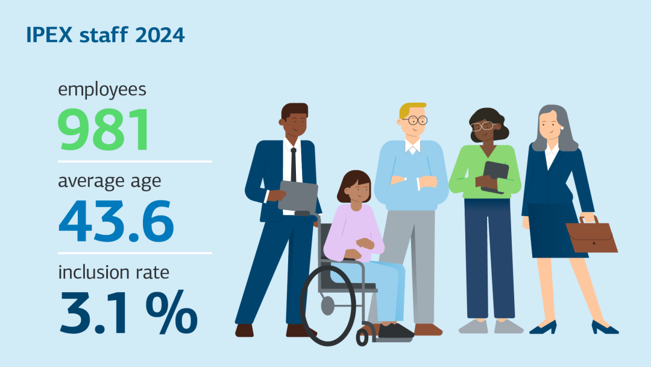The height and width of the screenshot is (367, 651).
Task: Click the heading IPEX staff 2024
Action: click(x=105, y=35)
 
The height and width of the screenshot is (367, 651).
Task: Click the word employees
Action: click(x=102, y=90)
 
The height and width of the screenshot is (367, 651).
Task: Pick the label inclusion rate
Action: click(x=113, y=272)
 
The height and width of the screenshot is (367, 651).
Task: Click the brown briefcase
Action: click(x=591, y=237)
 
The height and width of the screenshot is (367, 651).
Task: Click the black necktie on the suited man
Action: click(x=294, y=164)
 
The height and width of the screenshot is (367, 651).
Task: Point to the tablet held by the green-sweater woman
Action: click(x=495, y=176)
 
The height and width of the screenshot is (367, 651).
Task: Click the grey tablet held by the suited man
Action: click(x=298, y=196)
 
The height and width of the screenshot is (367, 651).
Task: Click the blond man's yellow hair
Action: click(x=410, y=109)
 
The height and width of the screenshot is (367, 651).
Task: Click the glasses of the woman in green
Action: click(x=483, y=126)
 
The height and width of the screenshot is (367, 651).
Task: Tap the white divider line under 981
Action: click(x=135, y=161)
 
